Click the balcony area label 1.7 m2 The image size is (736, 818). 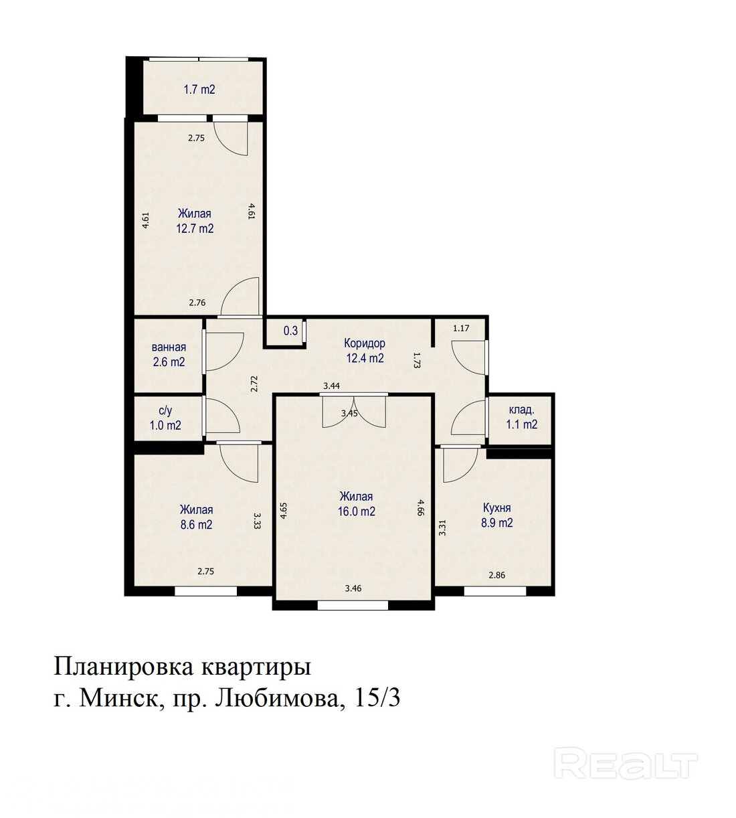199,89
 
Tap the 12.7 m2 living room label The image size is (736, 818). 195,221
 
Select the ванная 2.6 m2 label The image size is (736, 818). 169,354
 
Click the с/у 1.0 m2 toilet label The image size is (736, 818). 165,418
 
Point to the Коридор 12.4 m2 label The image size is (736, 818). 365,351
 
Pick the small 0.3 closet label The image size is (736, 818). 291,330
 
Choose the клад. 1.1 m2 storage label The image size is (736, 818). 522,417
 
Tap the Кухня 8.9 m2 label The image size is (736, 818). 496,515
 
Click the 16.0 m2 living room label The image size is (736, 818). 357,504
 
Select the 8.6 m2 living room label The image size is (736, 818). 197,517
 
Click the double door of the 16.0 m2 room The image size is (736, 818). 354,410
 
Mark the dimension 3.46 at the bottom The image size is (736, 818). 353,588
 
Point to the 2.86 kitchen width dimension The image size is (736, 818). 497,576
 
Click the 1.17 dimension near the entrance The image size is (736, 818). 461,328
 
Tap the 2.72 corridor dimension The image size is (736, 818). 254,384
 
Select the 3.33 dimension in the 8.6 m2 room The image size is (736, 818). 257,521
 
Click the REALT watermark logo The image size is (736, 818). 626,763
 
